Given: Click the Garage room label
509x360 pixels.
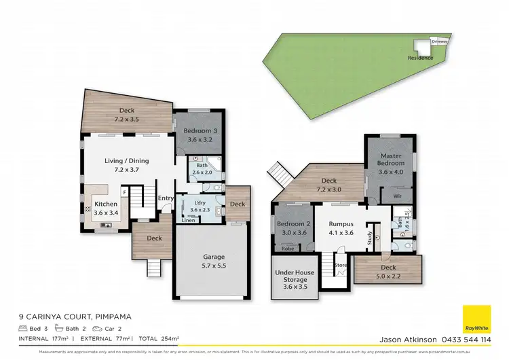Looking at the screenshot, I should (214, 257).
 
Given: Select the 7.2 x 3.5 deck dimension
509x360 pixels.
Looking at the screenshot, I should (127, 120).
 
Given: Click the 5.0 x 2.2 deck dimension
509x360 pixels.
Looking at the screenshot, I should (388, 276).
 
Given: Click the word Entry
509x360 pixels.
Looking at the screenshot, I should (166, 198).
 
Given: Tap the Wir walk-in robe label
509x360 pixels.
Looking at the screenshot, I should (388, 195).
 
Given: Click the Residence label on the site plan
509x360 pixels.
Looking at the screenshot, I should (420, 58).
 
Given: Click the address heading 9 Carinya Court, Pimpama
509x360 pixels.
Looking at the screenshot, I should (74, 317).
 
